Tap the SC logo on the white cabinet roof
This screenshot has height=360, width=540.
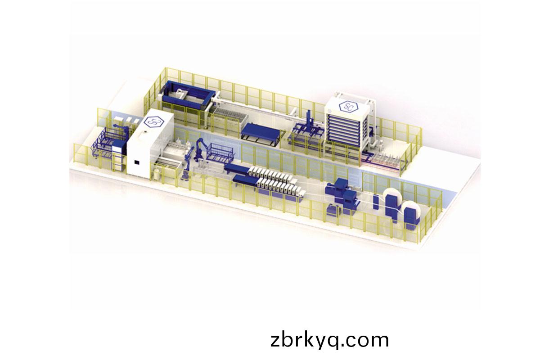pyautogui.click(x=154, y=122)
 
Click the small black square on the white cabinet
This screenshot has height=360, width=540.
pyautogui.click(x=137, y=162)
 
